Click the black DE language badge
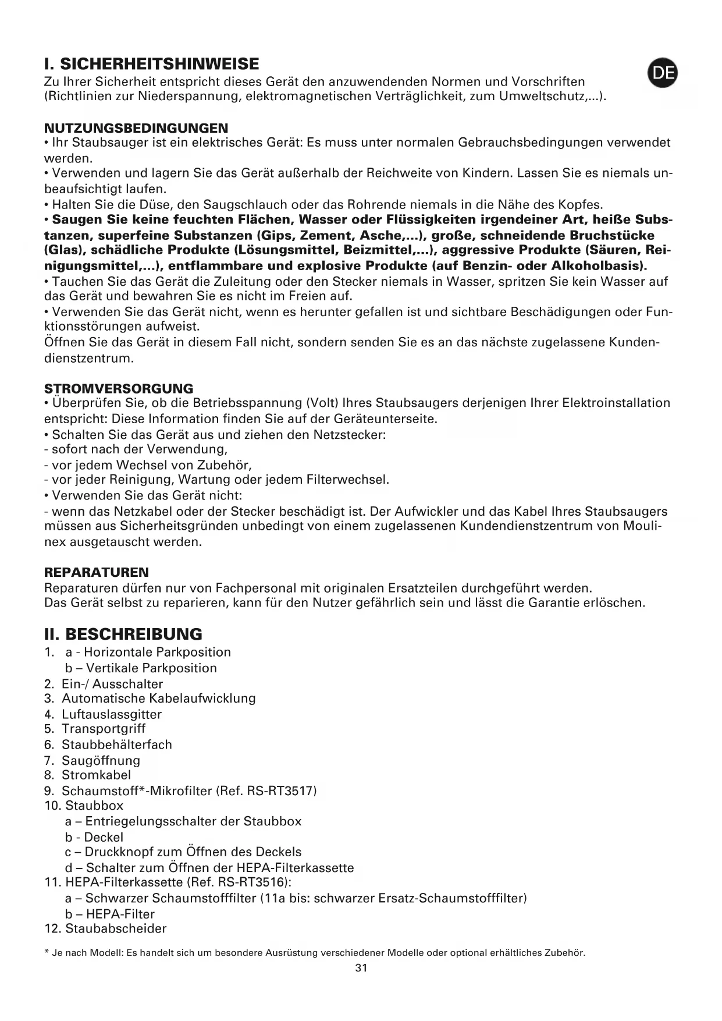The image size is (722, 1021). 663,73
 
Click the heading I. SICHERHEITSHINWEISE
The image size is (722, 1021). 152,63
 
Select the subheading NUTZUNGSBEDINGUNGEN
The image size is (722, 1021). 136,127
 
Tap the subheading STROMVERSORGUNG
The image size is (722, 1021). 119,388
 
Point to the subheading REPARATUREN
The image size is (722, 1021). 97,572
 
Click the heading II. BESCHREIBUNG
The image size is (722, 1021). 123,634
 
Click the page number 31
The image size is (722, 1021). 361,968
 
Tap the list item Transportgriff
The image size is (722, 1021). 104,729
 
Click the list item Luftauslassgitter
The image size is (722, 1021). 112,714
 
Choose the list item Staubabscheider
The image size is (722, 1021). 116,928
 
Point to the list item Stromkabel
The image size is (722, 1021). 97,775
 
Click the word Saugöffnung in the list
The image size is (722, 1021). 101,760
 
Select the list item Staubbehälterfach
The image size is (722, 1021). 117,745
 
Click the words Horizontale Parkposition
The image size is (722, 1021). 157,652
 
